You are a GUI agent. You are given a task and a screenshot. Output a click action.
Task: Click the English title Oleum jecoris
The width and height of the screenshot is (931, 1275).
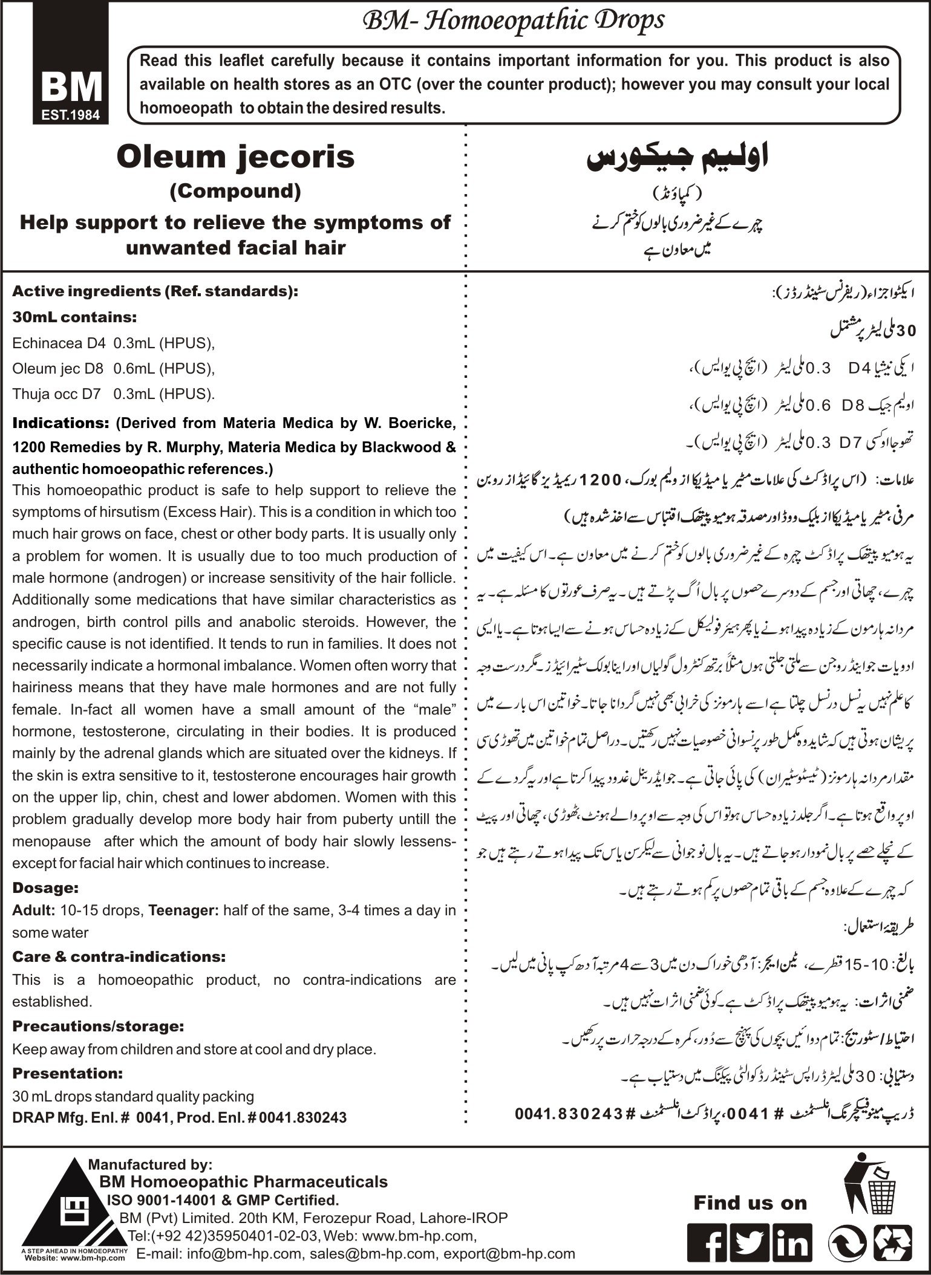point(236,157)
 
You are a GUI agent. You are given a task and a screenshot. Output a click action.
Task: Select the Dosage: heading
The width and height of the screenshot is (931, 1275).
point(45,888)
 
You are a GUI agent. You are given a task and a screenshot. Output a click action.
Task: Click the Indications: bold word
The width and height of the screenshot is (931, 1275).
point(57,423)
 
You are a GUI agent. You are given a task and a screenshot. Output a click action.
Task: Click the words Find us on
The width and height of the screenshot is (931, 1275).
point(750,1202)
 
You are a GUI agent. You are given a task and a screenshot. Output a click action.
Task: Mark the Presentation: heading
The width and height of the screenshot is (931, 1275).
point(68,1073)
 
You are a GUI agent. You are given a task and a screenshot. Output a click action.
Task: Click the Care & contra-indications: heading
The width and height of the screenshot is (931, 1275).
point(119,956)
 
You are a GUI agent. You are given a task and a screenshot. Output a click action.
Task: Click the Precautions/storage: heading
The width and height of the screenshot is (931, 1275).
point(98,1027)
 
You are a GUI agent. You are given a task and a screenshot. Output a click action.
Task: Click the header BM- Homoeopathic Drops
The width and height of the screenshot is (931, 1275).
point(513,22)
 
